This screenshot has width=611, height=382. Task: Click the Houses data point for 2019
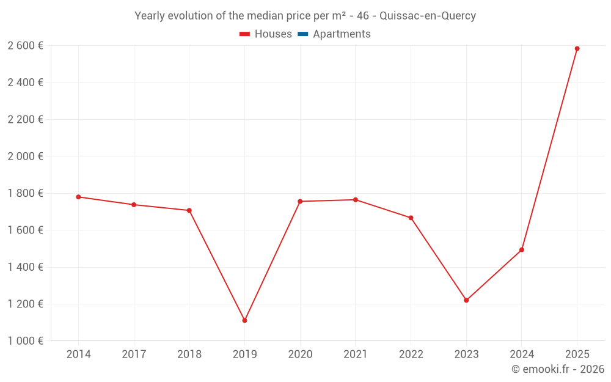coord(244,320)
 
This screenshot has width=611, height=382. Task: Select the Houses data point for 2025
coord(577,49)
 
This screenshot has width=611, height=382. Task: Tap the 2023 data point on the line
coord(466,300)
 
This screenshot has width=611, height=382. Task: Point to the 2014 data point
coord(78,197)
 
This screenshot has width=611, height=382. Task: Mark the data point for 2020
coord(300,201)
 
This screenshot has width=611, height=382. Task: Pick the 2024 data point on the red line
coord(522,249)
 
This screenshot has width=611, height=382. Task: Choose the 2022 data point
coord(411,218)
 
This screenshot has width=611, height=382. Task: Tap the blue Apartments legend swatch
coord(302,34)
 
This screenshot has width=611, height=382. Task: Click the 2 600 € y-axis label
coord(25,46)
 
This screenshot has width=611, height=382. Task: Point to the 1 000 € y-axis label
coord(25,341)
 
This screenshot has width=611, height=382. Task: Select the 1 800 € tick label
coord(25,193)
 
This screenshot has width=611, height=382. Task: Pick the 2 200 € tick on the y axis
coord(25,119)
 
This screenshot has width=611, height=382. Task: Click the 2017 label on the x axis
coord(134,354)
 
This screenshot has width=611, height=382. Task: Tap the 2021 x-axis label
coord(355,354)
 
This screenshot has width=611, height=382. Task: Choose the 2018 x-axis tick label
coord(189,354)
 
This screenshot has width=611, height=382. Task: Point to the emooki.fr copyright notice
coord(558,369)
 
